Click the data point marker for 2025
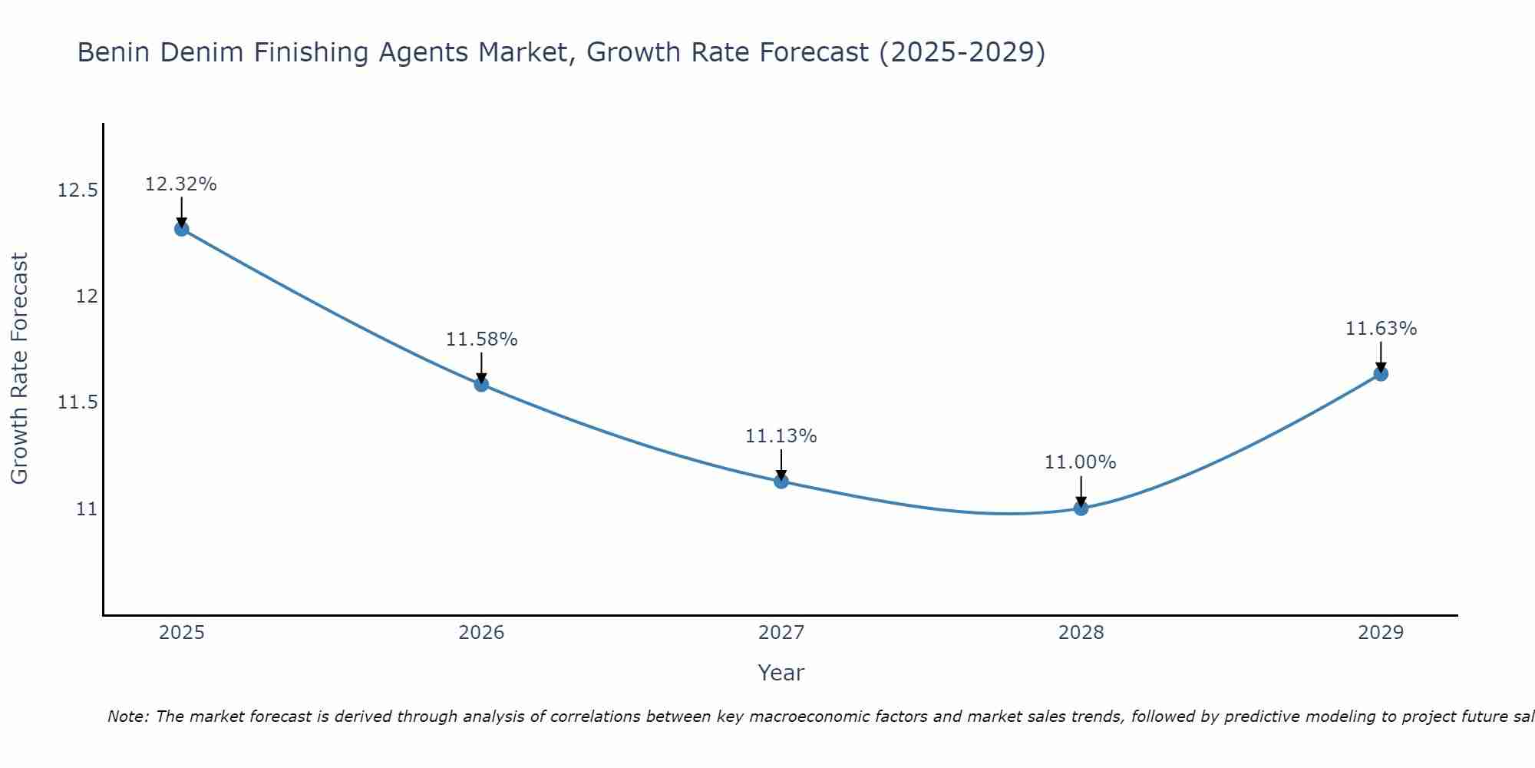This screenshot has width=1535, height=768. pyautogui.click(x=182, y=229)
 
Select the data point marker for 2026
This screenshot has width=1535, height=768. pyautogui.click(x=481, y=384)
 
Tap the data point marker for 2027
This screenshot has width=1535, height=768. pyautogui.click(x=781, y=482)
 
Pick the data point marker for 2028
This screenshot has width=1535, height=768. pyautogui.click(x=1081, y=508)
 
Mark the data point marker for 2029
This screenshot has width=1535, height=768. pyautogui.click(x=1381, y=374)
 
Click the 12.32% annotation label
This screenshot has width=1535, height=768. pyautogui.click(x=181, y=184)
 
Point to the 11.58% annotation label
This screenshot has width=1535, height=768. pyautogui.click(x=481, y=339)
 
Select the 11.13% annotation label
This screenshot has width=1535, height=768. pyautogui.click(x=781, y=436)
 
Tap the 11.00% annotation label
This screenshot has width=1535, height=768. pyautogui.click(x=1081, y=462)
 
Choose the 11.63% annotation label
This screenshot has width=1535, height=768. pyautogui.click(x=1381, y=329)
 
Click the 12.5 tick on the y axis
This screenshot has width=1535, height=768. pyautogui.click(x=78, y=190)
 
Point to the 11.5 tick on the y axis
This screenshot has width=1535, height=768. pyautogui.click(x=78, y=402)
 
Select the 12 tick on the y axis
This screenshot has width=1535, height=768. pyautogui.click(x=87, y=296)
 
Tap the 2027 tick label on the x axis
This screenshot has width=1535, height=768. pyautogui.click(x=781, y=633)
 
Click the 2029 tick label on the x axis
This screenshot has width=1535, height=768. pyautogui.click(x=1381, y=633)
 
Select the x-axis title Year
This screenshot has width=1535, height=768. pyautogui.click(x=781, y=673)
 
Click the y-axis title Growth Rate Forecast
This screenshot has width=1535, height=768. pyautogui.click(x=19, y=369)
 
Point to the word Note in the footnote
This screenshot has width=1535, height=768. pyautogui.click(x=128, y=717)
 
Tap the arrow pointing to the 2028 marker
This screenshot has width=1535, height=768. pyautogui.click(x=1081, y=492)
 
